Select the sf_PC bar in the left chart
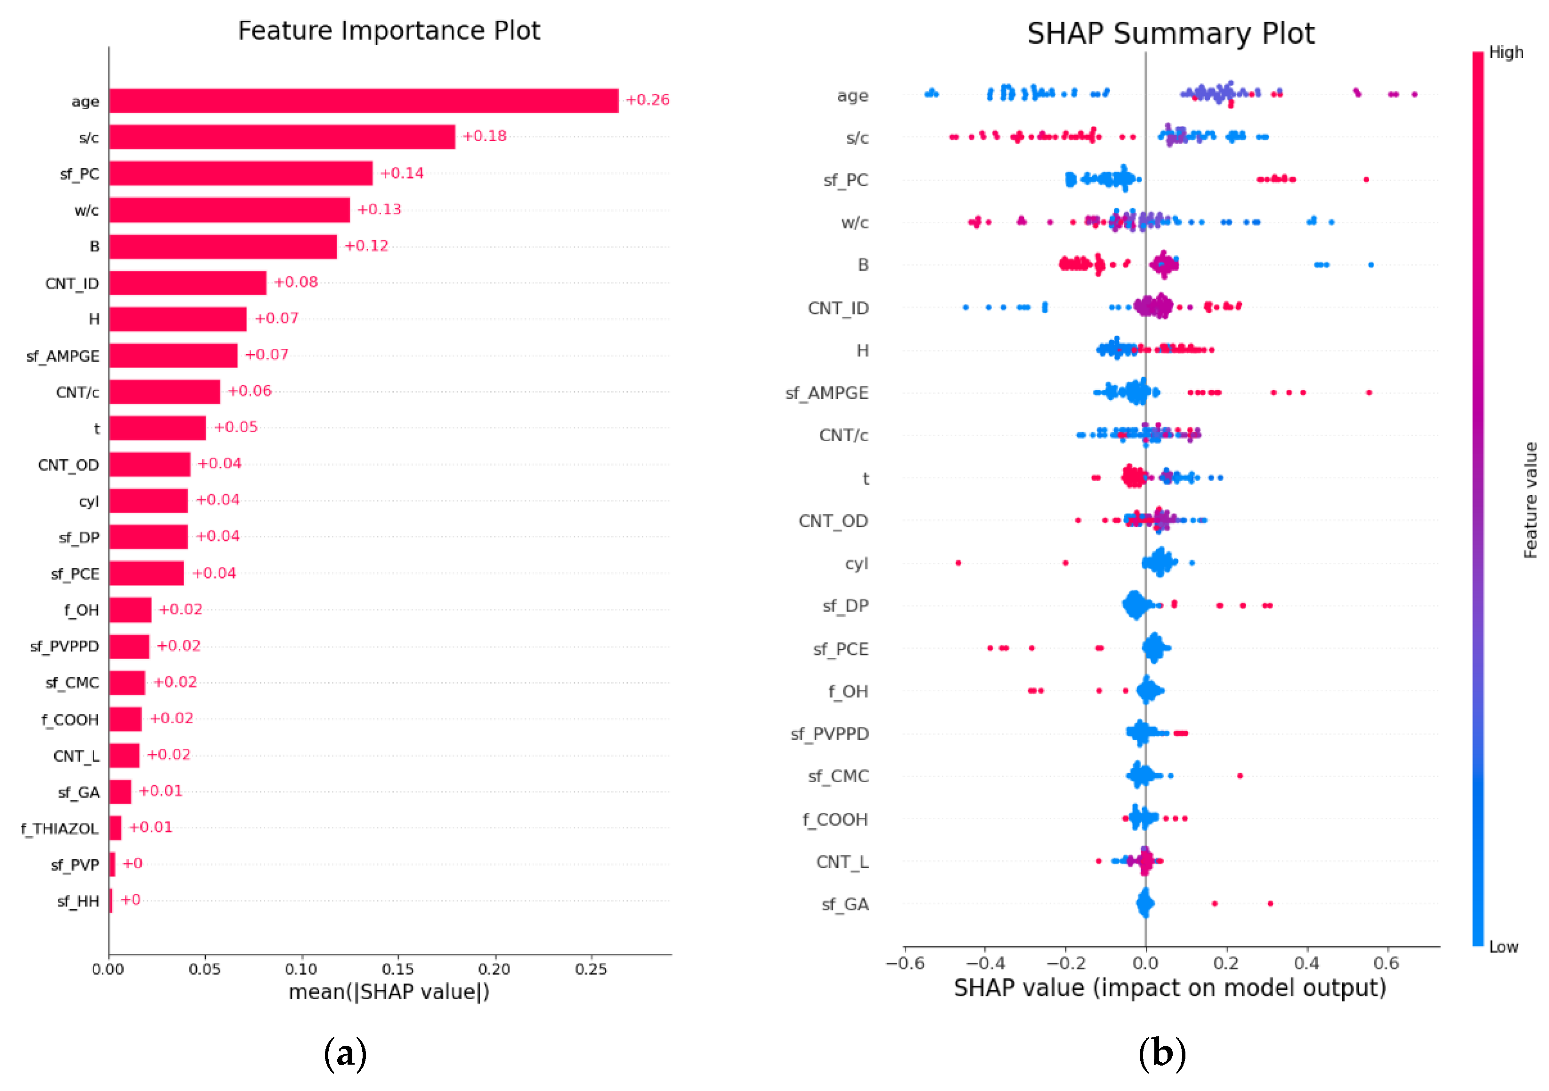tap(240, 173)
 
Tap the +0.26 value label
tap(647, 100)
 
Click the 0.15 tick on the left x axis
tap(397, 970)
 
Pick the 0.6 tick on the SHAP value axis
tap(1387, 963)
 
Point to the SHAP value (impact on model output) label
tap(1170, 988)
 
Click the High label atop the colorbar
tap(1506, 53)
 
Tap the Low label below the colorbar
tap(1503, 946)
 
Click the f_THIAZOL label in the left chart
tap(59, 829)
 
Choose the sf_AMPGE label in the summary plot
tap(827, 393)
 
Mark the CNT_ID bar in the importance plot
tap(187, 283)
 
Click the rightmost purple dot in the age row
tap(1414, 95)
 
